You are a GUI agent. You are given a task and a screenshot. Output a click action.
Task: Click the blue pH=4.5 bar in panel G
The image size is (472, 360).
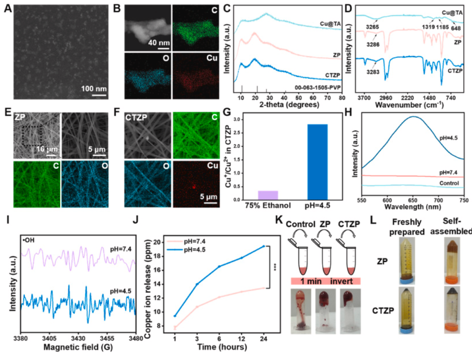pyautogui.click(x=317, y=162)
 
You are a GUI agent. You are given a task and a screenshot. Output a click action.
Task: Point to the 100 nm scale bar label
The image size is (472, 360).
pyautogui.click(x=94, y=89)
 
